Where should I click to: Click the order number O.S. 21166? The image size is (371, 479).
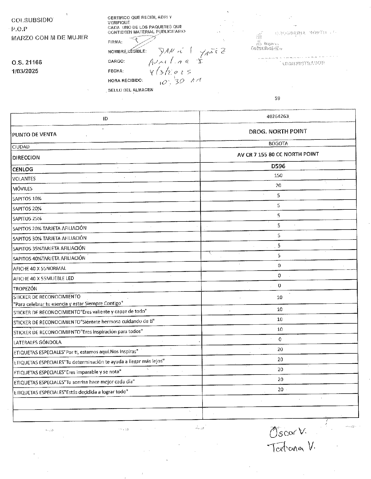(27, 62)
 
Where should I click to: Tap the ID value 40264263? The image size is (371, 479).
(277, 116)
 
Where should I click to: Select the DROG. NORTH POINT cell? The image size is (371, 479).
(278, 131)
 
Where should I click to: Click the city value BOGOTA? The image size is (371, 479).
(278, 143)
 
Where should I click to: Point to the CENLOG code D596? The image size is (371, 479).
(278, 166)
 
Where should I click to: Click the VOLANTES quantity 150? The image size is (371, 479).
(278, 176)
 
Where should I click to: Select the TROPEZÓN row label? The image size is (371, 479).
(25, 289)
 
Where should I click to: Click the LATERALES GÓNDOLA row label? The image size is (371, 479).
(37, 342)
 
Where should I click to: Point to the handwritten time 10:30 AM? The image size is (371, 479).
(180, 81)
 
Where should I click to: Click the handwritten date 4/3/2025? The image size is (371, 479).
(170, 72)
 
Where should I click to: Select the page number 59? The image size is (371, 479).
(277, 98)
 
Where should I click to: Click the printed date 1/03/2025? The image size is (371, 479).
(25, 71)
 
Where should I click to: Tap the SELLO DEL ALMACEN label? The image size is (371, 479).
(131, 90)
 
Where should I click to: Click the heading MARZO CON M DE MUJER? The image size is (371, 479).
(50, 37)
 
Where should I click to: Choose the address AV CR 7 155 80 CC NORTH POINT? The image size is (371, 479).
(278, 154)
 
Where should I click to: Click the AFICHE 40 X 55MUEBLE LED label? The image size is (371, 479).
(43, 278)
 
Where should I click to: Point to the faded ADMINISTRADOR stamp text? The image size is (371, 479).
(303, 63)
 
